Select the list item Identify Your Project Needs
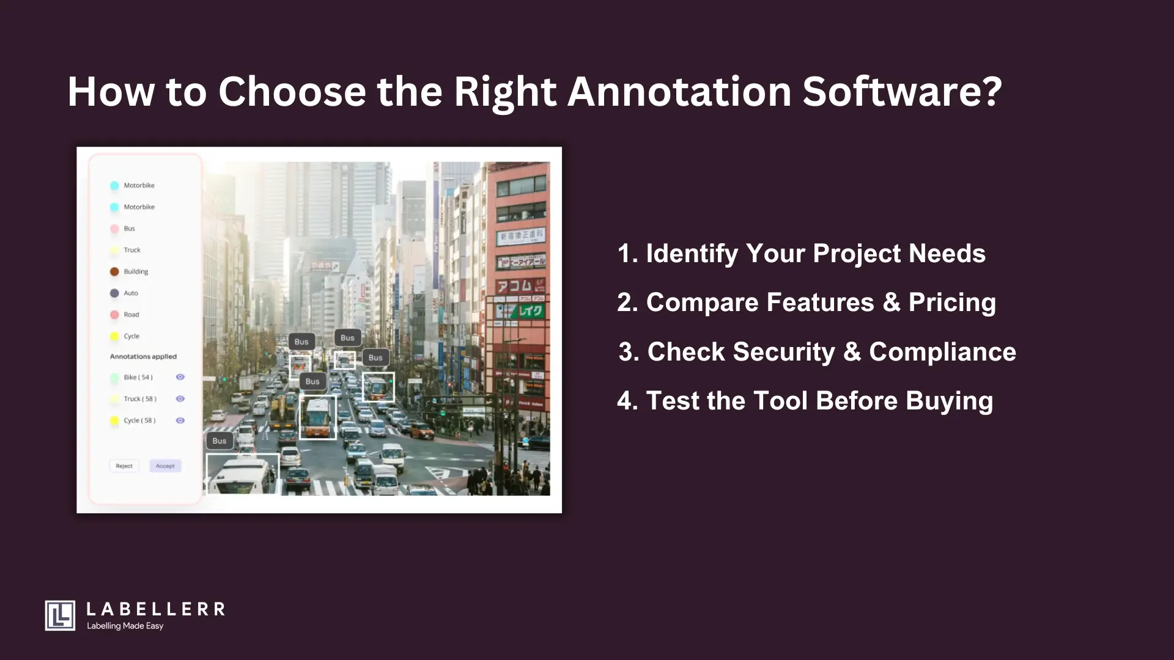pyautogui.click(x=801, y=254)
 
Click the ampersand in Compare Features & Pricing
pyautogui.click(x=891, y=302)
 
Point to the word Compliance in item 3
pyautogui.click(x=942, y=352)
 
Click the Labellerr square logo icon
pyautogui.click(x=60, y=615)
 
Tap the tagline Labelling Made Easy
pyautogui.click(x=125, y=626)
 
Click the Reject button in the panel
pyautogui.click(x=124, y=466)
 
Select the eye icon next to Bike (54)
pyautogui.click(x=180, y=377)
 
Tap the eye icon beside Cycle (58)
pyautogui.click(x=180, y=420)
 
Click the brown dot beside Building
pyautogui.click(x=114, y=271)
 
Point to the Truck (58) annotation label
pyautogui.click(x=140, y=399)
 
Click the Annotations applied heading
pyautogui.click(x=143, y=356)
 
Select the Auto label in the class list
pyautogui.click(x=131, y=293)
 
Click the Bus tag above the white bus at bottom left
pyautogui.click(x=220, y=441)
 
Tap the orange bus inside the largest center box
pyautogui.click(x=317, y=418)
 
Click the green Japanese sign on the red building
pyautogui.click(x=530, y=312)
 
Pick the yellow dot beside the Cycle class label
pyautogui.click(x=114, y=336)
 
